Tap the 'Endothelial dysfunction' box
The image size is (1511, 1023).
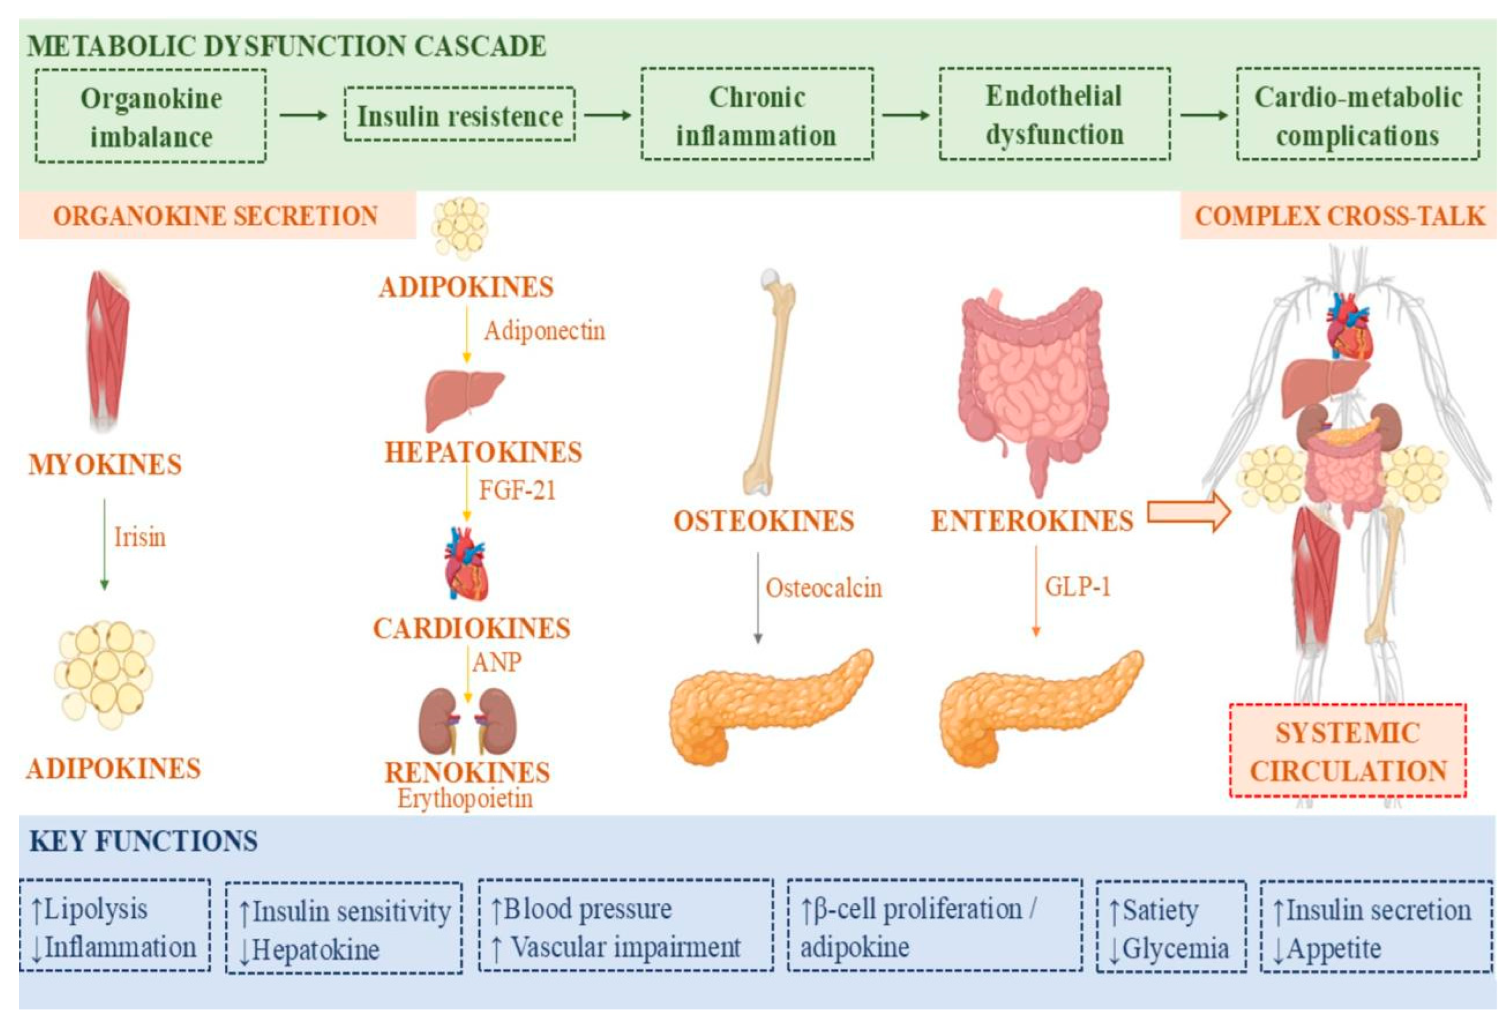point(1054,114)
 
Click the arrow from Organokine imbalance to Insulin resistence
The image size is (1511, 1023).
point(303,116)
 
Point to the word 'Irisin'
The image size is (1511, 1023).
point(140,537)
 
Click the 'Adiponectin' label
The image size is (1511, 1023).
point(544,331)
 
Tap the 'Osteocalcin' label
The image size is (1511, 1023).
point(824,588)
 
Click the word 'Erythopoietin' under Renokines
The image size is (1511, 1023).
point(465,798)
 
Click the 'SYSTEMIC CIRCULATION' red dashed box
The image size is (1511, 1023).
point(1348,750)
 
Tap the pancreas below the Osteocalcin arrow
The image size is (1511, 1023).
point(771,707)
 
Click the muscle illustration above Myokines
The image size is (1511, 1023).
point(107,351)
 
